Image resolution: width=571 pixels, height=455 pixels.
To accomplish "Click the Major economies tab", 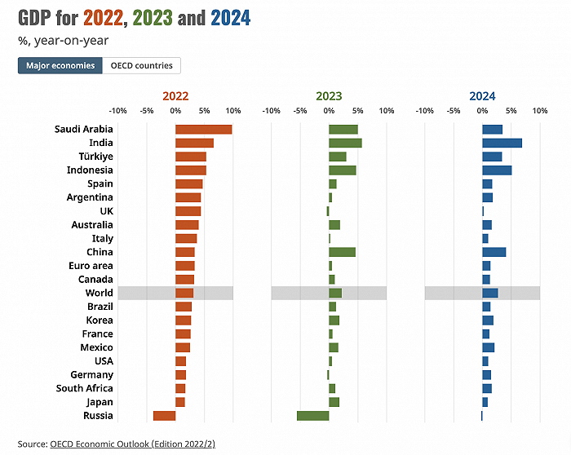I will click(60, 65).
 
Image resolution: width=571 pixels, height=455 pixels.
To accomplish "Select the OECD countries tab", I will click(141, 65).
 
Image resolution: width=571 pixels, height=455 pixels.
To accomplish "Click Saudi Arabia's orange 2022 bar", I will click(203, 129).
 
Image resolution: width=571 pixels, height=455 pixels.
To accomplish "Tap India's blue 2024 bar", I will click(502, 143).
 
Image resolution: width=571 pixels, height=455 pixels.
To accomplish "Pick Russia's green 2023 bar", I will click(312, 416).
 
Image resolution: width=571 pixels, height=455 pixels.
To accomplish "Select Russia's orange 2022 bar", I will click(164, 416).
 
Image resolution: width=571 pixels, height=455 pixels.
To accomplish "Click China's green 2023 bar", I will click(342, 252).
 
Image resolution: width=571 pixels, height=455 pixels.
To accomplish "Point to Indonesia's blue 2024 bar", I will click(497, 170).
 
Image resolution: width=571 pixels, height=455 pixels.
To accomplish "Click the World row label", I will click(99, 293).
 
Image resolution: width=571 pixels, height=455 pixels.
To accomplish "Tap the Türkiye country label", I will click(95, 157).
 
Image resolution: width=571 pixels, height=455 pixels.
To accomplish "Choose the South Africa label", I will click(85, 388).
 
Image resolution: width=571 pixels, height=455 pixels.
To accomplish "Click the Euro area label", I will click(91, 266).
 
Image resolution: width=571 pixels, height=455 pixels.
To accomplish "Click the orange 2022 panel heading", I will click(175, 95).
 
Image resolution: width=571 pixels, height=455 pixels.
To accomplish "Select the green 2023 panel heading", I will click(329, 95).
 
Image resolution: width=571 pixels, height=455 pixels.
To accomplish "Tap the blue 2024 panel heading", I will click(482, 95).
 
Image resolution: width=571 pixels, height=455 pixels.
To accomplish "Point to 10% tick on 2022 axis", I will click(232, 110).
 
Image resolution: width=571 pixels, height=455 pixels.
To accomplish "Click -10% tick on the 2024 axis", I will click(424, 110).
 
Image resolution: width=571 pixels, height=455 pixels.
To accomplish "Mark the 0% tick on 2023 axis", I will click(329, 110).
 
